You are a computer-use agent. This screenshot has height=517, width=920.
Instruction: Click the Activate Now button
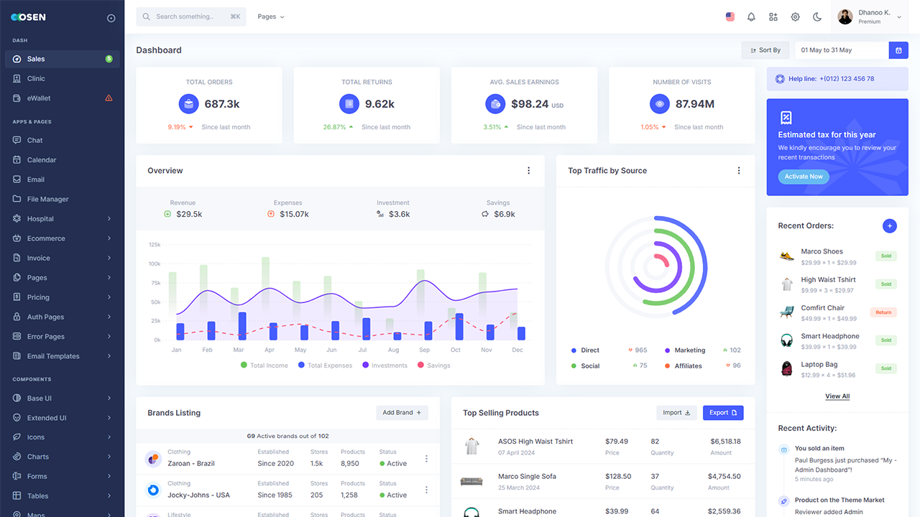click(804, 177)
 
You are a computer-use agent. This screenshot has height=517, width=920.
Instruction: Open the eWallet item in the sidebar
click(39, 98)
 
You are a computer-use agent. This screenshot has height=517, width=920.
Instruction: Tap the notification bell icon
click(751, 17)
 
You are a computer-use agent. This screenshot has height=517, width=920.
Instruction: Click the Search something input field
click(190, 17)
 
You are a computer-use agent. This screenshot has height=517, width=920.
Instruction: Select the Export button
click(722, 413)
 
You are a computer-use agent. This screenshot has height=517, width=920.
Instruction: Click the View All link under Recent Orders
click(837, 396)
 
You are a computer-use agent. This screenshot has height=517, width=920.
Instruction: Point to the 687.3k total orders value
click(222, 104)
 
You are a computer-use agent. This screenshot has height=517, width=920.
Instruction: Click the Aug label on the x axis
click(393, 350)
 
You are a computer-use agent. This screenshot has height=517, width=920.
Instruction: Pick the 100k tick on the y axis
click(155, 264)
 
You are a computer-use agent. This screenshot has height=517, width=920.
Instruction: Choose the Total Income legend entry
click(264, 365)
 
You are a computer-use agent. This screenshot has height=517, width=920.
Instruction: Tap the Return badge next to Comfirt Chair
click(883, 312)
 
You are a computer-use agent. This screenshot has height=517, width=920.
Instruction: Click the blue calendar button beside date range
click(898, 50)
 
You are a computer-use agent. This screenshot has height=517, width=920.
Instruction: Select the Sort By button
click(765, 50)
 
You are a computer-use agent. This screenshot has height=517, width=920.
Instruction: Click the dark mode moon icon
click(817, 17)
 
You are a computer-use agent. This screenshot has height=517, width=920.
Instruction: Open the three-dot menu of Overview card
click(528, 171)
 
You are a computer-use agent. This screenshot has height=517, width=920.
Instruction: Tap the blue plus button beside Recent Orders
click(889, 226)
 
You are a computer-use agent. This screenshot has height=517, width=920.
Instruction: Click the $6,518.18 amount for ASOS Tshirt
click(725, 442)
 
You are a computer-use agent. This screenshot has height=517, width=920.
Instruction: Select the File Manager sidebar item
click(47, 199)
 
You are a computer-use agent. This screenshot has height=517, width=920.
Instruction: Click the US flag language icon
click(730, 17)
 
